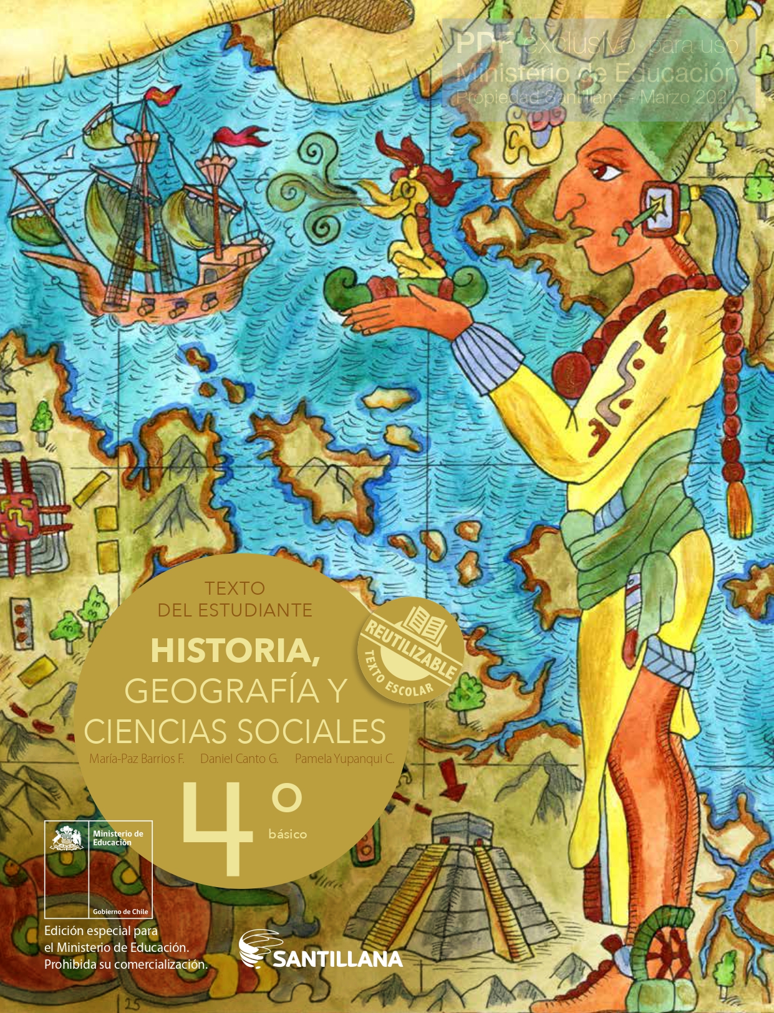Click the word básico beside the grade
coord(288,834)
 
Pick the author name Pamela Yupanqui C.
coord(344,759)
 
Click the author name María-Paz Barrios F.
coord(137,759)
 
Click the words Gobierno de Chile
coord(120,911)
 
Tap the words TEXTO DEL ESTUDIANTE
coord(235,599)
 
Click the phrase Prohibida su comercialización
coord(125,964)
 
